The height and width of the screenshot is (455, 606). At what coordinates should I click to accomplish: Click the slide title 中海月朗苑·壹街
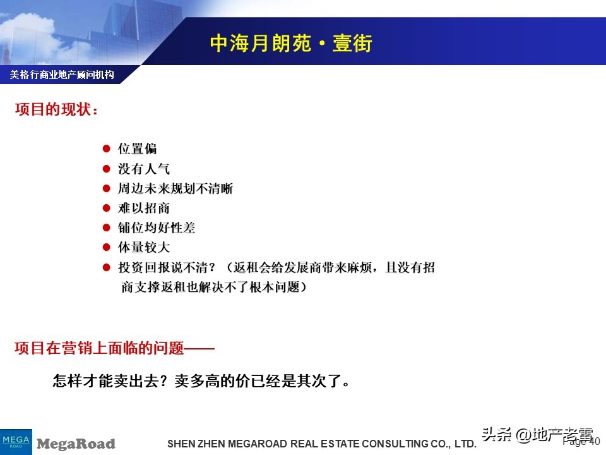coord(291,44)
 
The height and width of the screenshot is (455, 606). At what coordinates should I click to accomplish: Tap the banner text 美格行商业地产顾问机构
coord(62,75)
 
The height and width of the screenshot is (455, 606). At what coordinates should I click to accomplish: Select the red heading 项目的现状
coord(57,109)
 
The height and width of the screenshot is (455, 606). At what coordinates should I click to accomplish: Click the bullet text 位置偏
coord(138,149)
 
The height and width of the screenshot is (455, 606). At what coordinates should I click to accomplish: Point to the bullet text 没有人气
coord(144,169)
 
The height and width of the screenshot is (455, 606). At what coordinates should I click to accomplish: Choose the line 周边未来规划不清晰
coord(175,188)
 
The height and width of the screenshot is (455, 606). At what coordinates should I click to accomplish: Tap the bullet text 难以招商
coord(144,208)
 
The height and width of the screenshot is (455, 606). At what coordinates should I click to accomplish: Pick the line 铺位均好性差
coord(157,227)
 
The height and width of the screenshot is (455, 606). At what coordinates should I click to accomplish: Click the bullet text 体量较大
coord(144,247)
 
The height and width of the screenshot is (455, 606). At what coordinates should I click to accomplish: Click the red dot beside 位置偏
coord(107,149)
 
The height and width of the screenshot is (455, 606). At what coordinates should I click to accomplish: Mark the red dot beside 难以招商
coord(107,208)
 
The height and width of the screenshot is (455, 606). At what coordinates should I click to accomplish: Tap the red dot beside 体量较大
coord(107,247)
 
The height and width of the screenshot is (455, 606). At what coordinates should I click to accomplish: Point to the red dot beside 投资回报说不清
coord(107,267)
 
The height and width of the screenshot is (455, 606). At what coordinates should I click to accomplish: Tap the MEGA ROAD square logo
coord(16,440)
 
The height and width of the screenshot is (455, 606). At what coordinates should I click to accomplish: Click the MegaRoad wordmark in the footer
coord(76,444)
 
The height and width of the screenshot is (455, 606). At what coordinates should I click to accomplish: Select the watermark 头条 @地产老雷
coord(537,435)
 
